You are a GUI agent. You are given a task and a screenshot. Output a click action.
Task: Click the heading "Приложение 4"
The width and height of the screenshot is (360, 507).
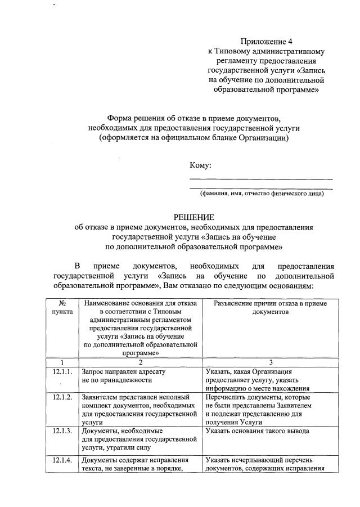[x=267, y=41]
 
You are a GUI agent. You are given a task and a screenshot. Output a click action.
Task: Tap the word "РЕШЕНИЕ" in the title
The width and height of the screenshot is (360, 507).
[x=194, y=217]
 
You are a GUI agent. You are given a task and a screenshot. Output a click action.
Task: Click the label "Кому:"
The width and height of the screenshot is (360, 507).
[x=201, y=165]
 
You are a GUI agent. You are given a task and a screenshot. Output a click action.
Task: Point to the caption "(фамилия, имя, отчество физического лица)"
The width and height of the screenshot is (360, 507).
[x=262, y=194]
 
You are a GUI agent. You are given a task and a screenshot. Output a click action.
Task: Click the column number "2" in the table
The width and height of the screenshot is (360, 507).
[x=141, y=362]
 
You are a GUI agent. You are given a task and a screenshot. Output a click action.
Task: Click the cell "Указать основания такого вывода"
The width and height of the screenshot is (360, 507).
[x=258, y=431]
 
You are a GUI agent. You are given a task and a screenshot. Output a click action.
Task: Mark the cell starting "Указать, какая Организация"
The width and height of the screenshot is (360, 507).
[x=255, y=380]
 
